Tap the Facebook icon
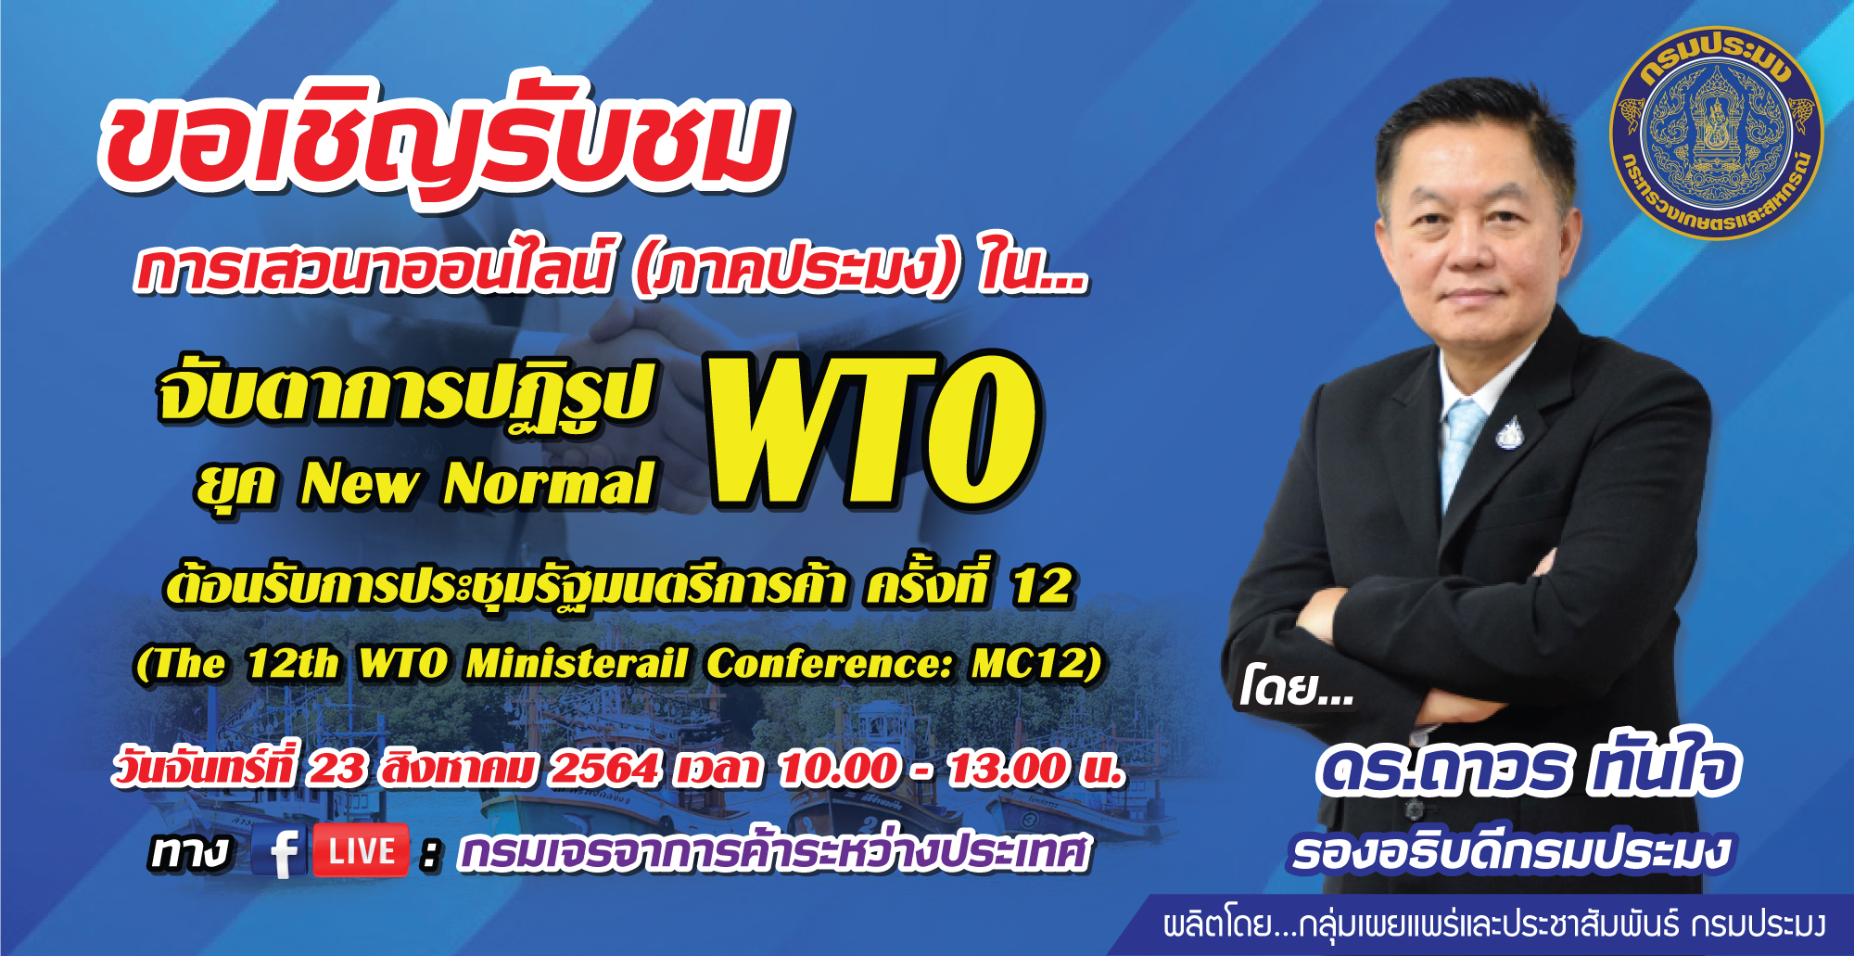click(280, 851)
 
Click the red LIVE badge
click(361, 850)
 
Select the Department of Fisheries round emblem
click(1717, 133)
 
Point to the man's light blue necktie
click(1465, 454)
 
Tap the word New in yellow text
click(359, 484)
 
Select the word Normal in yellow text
click(550, 484)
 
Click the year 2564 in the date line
click(604, 769)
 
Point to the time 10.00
click(839, 769)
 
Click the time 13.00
click(1009, 769)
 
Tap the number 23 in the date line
click(337, 769)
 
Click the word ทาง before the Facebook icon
click(189, 851)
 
